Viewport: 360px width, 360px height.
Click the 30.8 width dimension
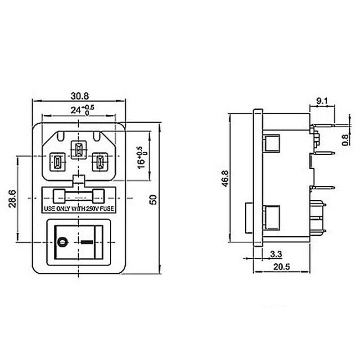79,95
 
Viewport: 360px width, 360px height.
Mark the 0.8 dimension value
346,139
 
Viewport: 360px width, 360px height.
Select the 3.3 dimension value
276,254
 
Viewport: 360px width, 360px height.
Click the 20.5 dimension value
281,266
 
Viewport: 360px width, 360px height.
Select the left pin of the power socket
57,162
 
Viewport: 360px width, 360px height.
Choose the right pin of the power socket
99,162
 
